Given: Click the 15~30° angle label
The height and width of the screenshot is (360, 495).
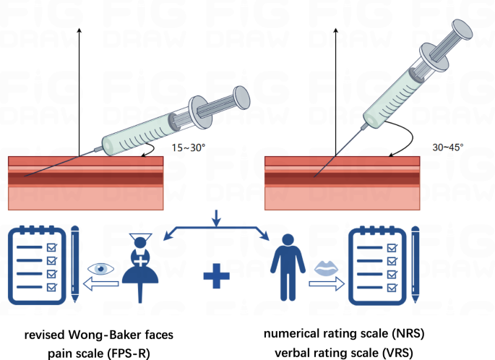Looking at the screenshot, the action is tap(189, 147).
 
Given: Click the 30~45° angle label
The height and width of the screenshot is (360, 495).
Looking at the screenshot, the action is tap(448, 147).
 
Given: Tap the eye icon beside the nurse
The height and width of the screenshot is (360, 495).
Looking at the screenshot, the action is tap(100, 269).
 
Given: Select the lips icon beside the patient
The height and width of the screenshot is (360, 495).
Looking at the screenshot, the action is tap(326, 267).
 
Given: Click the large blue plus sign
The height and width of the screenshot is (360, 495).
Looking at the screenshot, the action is tap(216, 276).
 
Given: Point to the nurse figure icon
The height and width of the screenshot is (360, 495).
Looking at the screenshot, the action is tap(140, 267).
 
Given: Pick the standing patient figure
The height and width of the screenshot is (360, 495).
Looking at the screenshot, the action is tap(288, 267).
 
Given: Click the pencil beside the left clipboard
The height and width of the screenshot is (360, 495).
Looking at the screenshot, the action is tap(75, 264).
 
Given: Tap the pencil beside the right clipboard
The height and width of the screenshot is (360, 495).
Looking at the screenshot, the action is tap(416, 265).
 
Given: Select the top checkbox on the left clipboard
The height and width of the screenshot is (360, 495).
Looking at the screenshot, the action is tap(52, 247).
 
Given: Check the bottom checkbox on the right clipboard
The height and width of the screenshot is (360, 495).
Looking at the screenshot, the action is tap(392, 288).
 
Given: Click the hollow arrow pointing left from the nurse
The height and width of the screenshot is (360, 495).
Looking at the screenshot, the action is tap(100, 283).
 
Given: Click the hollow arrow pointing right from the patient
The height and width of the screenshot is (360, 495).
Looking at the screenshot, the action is tap(327, 283).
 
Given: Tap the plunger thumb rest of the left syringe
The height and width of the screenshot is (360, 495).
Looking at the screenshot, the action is tap(241, 97).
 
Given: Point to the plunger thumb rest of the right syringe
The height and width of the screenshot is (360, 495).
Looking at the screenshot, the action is tap(462, 30).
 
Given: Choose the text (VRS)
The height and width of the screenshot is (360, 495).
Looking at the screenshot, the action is tap(397, 353).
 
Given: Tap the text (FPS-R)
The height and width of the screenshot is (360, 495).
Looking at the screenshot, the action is tap(129, 353).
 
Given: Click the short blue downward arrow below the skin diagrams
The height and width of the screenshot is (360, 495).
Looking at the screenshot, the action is tap(216, 218).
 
